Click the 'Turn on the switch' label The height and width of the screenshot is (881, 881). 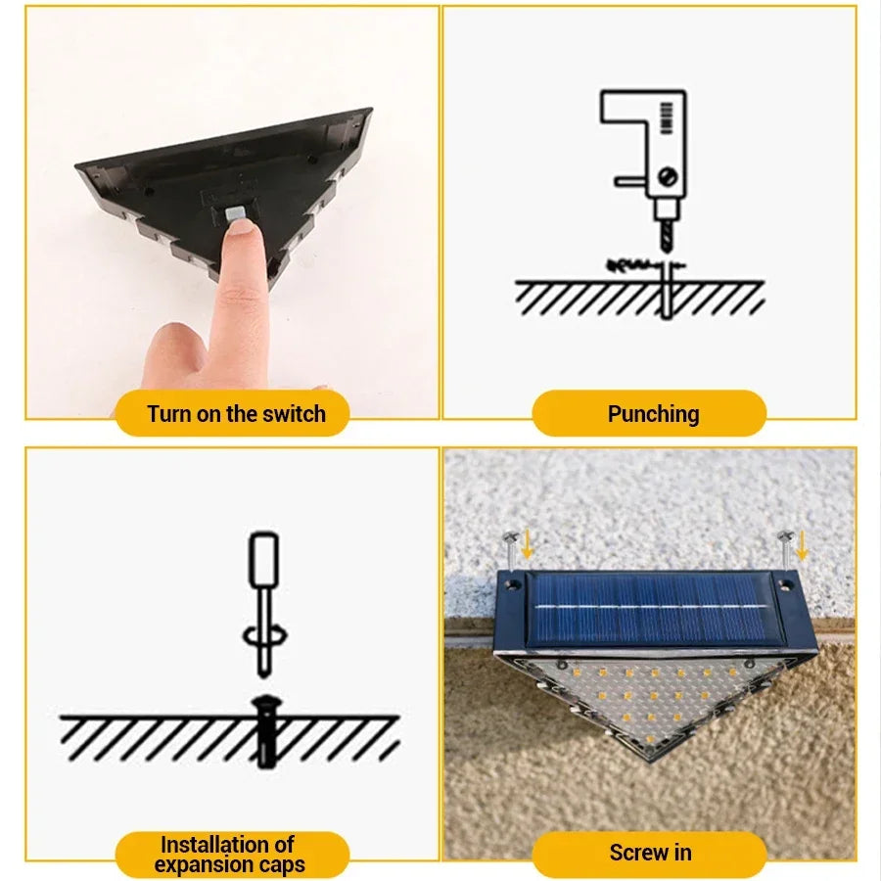[x=236, y=414]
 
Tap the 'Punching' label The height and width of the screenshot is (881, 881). [x=654, y=414]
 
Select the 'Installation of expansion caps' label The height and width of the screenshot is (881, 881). [x=230, y=854]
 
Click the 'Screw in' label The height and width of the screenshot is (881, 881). [x=650, y=853]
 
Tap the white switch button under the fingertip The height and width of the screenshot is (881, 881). [x=235, y=213]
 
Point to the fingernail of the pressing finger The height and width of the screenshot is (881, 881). [x=242, y=227]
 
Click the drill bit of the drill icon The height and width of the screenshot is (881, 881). [x=667, y=237]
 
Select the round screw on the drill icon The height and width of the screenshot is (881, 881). [x=668, y=177]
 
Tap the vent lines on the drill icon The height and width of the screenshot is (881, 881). [x=667, y=118]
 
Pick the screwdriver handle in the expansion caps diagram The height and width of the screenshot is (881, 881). [x=263, y=559]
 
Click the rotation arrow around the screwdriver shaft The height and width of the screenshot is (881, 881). [x=264, y=636]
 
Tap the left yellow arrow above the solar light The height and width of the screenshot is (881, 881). [x=527, y=545]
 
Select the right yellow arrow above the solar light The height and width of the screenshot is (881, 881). [x=801, y=545]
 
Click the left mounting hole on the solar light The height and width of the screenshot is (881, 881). [x=512, y=584]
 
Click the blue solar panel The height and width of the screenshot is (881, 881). [x=649, y=610]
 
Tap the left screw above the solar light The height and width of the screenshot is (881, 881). [x=510, y=548]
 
